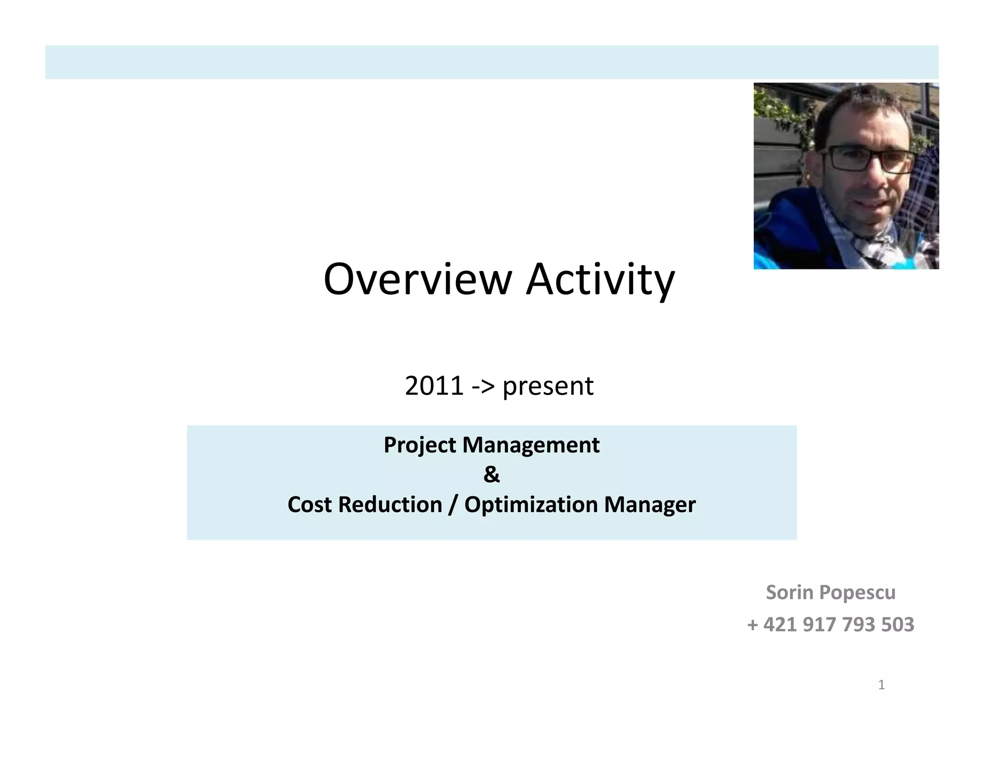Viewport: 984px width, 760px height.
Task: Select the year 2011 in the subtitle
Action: [434, 386]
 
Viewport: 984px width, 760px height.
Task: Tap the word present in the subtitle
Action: [548, 387]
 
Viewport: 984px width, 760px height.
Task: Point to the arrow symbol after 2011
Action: [483, 386]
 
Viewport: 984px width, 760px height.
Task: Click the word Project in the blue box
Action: [419, 445]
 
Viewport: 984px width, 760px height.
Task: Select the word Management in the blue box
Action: [530, 445]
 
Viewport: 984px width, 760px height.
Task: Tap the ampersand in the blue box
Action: [492, 475]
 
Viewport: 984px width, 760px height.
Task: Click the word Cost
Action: [309, 504]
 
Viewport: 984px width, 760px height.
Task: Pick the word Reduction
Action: [390, 504]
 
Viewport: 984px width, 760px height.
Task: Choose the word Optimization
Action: [530, 504]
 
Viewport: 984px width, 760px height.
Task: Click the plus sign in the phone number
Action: [753, 625]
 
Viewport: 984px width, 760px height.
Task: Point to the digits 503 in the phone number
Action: [898, 625]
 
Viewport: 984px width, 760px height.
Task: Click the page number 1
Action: [881, 685]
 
